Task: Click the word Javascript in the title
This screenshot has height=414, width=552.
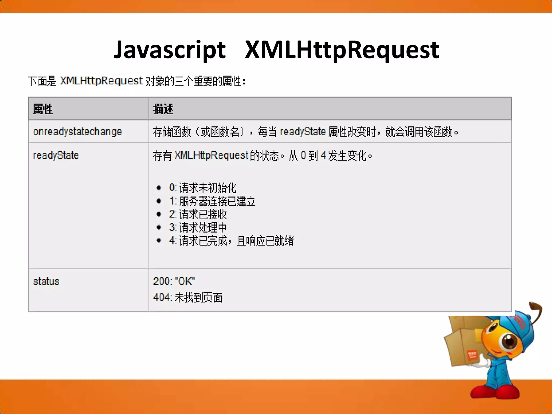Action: pyautogui.click(x=170, y=50)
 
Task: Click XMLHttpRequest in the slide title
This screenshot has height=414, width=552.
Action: pyautogui.click(x=342, y=50)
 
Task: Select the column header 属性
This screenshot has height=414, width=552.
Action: pyautogui.click(x=43, y=109)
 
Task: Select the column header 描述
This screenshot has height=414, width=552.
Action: pyautogui.click(x=163, y=109)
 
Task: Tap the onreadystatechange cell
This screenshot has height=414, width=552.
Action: pyautogui.click(x=77, y=132)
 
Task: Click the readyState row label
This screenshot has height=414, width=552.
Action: pyautogui.click(x=56, y=156)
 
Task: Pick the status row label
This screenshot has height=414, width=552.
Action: pyautogui.click(x=46, y=281)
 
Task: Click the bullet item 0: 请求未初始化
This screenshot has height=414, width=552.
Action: pyautogui.click(x=203, y=188)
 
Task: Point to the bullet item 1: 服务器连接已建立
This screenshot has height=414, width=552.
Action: pyautogui.click(x=212, y=201)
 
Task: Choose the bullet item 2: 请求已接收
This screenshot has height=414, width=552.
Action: pyautogui.click(x=198, y=214)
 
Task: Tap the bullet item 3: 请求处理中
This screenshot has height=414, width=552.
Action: pyautogui.click(x=198, y=227)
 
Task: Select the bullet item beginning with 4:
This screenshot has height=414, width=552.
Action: pyautogui.click(x=231, y=240)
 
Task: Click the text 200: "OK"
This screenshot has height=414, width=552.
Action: pyautogui.click(x=174, y=281)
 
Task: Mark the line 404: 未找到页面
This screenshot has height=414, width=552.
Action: pyautogui.click(x=188, y=297)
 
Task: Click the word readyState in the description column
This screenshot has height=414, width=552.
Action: pyautogui.click(x=303, y=132)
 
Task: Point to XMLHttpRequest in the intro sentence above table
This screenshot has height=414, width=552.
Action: pyautogui.click(x=101, y=81)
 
